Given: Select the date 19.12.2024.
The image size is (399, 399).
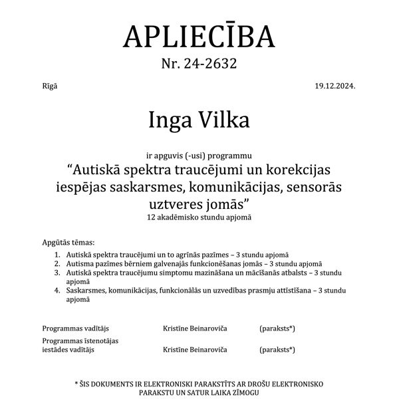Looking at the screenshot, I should (x=337, y=87).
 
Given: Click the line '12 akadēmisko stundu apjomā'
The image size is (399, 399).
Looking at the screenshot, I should (x=199, y=217).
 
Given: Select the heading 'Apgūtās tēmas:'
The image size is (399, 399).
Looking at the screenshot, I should (x=68, y=243).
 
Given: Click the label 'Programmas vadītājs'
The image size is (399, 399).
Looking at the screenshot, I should (x=71, y=328).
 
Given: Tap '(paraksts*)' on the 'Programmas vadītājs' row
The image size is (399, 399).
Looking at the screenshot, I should (x=277, y=328).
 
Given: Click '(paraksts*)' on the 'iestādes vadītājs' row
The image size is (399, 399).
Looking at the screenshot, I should (x=277, y=349).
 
